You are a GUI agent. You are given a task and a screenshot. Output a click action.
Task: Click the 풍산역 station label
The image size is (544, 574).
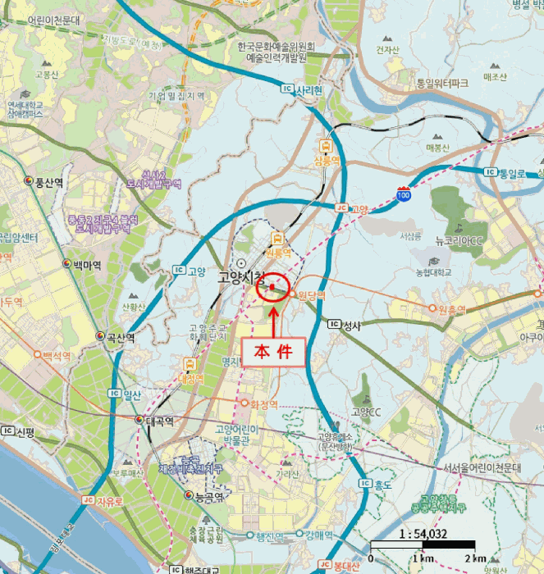(x=49, y=182)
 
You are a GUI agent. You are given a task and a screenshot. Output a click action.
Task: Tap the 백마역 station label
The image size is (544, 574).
(x=86, y=265)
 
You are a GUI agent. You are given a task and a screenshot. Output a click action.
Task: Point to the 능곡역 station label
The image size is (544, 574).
(x=209, y=497)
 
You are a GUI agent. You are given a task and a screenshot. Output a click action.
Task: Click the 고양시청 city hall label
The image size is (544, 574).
(x=241, y=278)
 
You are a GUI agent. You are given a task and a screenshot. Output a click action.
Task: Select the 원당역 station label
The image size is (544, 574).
(x=312, y=295)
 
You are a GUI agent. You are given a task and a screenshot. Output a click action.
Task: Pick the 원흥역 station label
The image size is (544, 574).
(x=452, y=309)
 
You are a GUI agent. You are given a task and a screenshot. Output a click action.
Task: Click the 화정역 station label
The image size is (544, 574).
(x=264, y=403)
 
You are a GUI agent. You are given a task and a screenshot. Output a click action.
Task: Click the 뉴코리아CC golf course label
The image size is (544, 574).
(x=463, y=241)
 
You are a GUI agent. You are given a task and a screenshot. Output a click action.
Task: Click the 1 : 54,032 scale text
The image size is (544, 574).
(x=423, y=533)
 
